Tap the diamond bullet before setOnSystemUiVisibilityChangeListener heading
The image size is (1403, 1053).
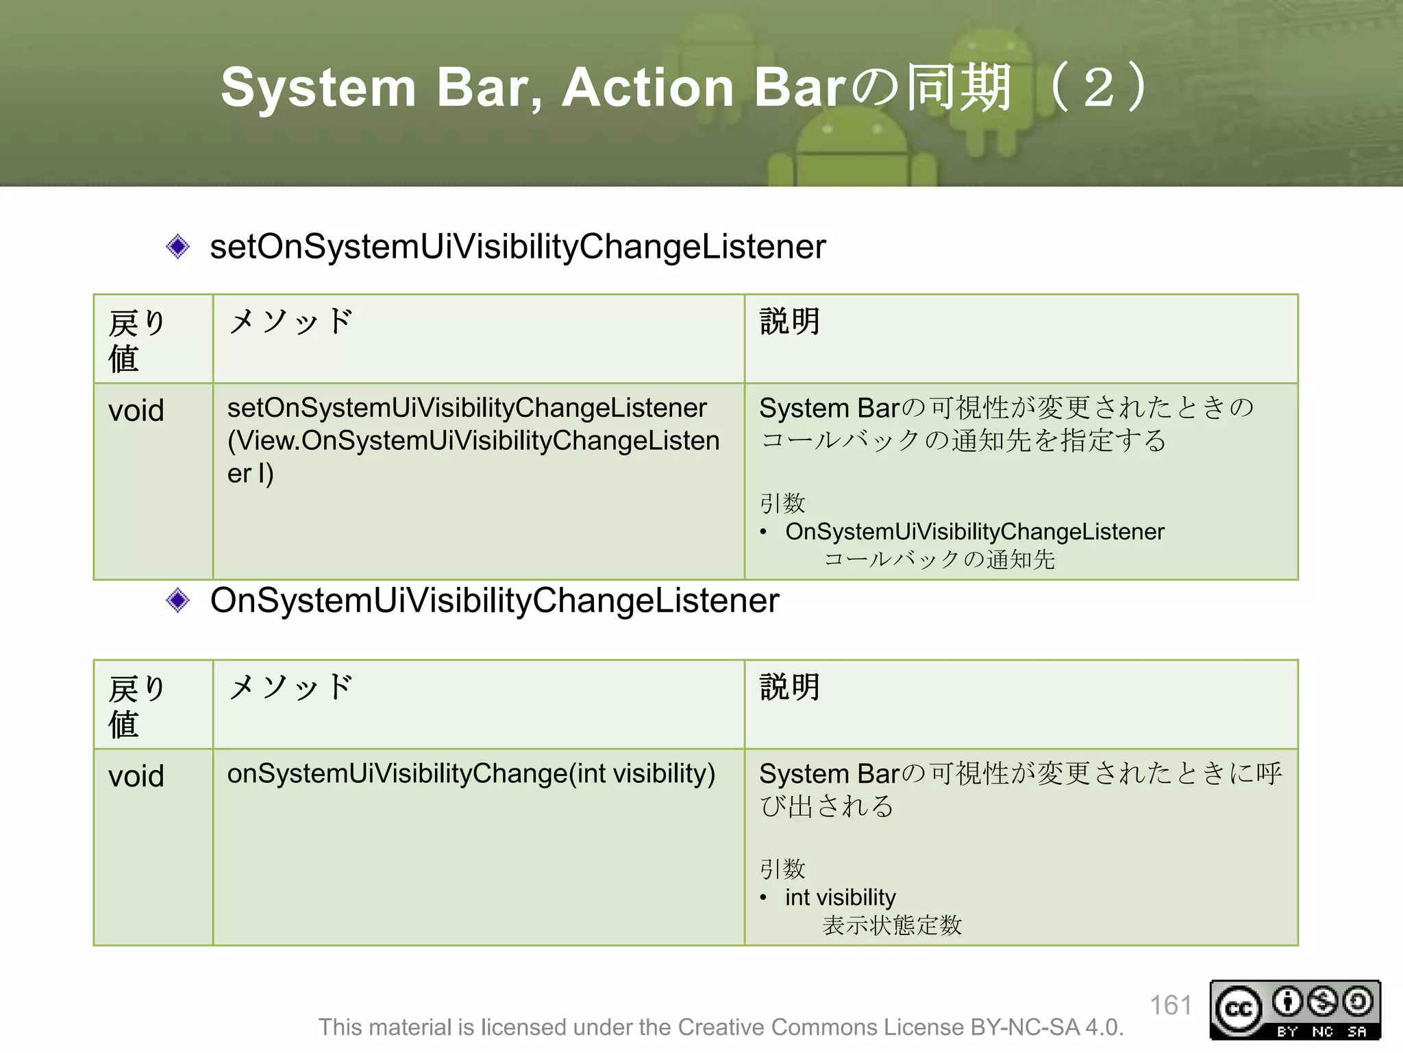click(178, 247)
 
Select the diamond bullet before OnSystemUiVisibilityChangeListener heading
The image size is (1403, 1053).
click(178, 601)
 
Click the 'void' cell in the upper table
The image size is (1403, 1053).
click(136, 411)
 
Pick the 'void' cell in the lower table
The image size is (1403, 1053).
click(136, 777)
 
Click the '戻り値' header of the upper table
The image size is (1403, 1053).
click(136, 340)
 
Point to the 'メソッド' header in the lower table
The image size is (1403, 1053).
click(290, 687)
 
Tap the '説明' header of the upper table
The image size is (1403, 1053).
click(790, 322)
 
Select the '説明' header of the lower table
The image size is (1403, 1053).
click(790, 687)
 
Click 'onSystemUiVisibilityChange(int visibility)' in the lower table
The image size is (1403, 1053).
click(471, 774)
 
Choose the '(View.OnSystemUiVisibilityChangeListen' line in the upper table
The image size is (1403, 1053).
click(473, 441)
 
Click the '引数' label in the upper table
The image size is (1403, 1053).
click(782, 503)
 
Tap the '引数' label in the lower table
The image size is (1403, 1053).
click(782, 869)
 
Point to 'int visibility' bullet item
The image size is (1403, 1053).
click(840, 897)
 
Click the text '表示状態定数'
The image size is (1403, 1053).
click(892, 925)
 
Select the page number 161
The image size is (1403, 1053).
click(1171, 1006)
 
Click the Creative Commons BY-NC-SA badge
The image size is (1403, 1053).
click(1295, 1010)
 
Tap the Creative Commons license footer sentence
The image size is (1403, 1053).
click(721, 1027)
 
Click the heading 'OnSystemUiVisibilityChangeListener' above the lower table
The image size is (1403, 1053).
click(495, 601)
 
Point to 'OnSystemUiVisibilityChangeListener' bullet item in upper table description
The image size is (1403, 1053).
click(974, 532)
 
